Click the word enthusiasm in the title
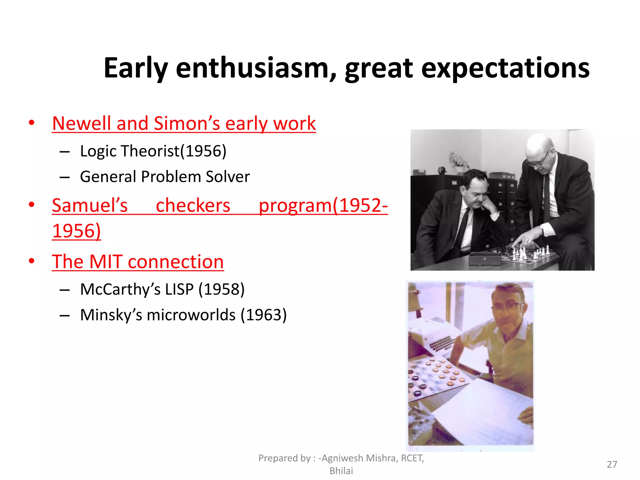[256, 68]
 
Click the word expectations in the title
[505, 68]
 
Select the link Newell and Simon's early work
[184, 123]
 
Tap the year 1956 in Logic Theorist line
[203, 151]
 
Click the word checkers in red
[193, 206]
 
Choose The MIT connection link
[138, 262]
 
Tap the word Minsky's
[111, 315]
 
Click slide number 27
[612, 464]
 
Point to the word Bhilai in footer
[341, 471]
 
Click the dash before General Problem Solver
[64, 177]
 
